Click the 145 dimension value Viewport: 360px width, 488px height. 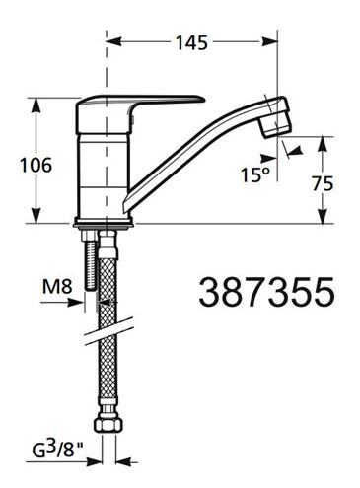pyautogui.click(x=191, y=42)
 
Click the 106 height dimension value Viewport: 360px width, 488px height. pyautogui.click(x=36, y=165)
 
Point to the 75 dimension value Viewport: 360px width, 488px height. pyautogui.click(x=323, y=183)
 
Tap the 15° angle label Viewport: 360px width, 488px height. pyautogui.click(x=255, y=174)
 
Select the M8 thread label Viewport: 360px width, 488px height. pyautogui.click(x=57, y=287)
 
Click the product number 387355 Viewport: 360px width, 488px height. pyautogui.click(x=266, y=292)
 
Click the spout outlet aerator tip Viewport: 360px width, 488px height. pyautogui.click(x=275, y=124)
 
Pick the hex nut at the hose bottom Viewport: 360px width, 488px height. pyautogui.click(x=108, y=424)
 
